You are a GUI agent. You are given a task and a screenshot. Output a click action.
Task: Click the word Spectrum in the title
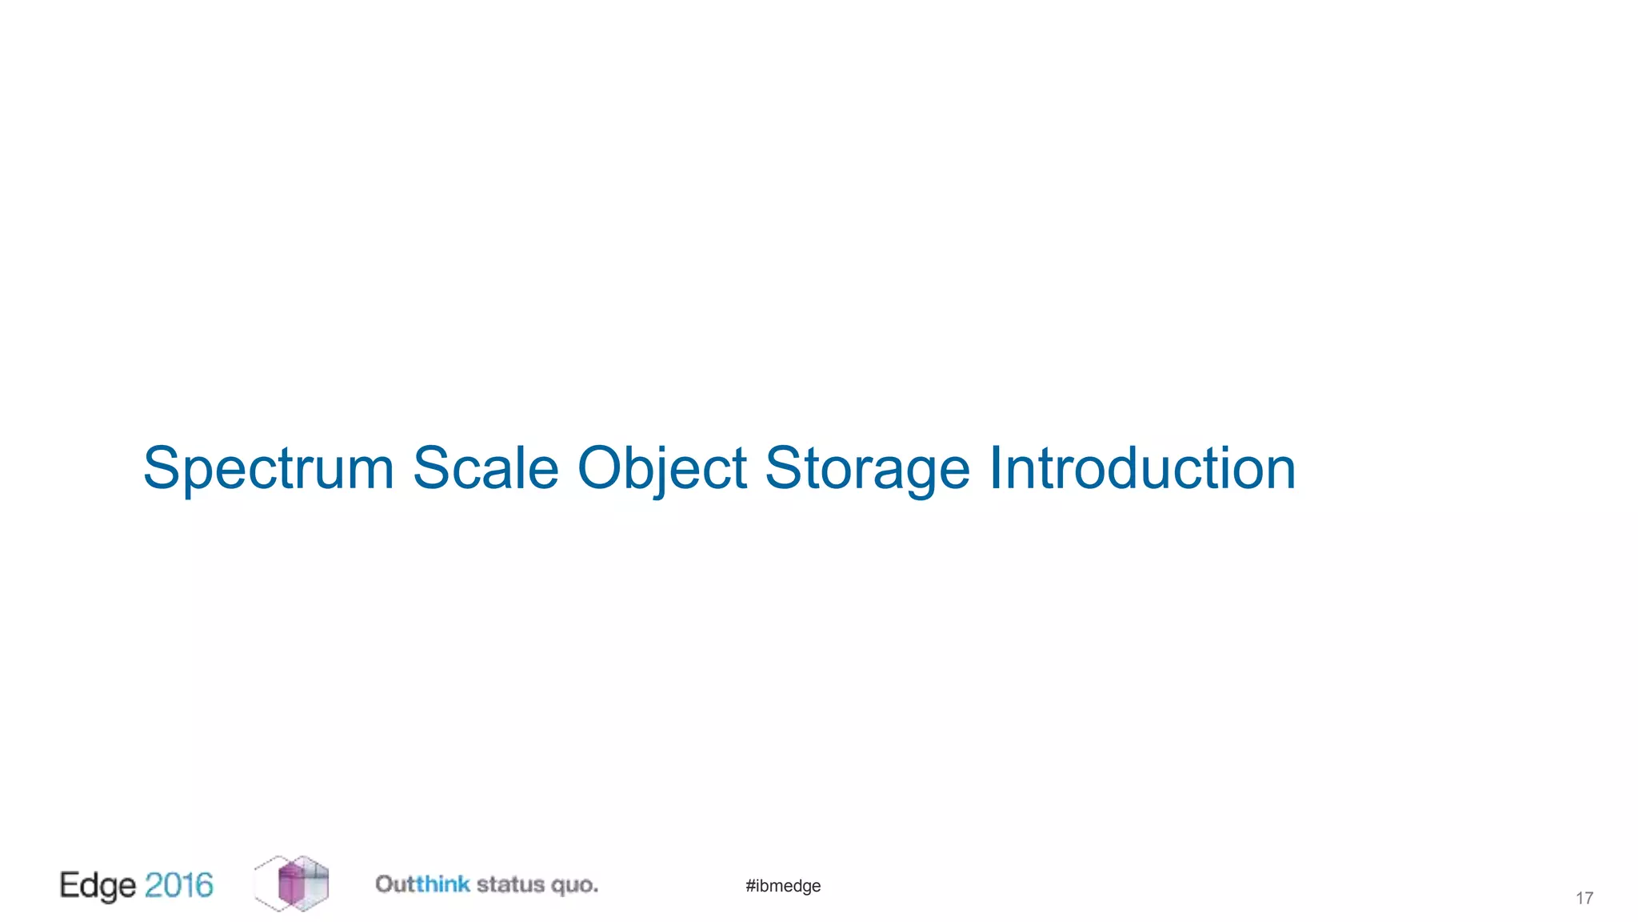269,468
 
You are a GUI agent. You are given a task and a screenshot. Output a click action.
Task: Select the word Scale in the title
485,468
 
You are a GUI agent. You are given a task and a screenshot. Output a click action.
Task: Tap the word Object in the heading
662,468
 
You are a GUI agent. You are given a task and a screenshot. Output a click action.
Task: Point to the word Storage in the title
868,468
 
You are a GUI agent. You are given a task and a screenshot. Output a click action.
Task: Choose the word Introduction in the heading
1142,468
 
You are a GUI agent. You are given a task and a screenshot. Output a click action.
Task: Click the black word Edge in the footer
98,886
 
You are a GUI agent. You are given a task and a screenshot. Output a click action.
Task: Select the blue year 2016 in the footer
179,885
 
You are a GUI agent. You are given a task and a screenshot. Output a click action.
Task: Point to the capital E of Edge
70,884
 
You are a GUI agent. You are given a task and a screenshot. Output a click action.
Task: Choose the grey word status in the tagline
510,885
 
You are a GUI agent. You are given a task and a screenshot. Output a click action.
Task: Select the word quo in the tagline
571,886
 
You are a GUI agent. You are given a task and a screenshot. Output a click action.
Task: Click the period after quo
595,890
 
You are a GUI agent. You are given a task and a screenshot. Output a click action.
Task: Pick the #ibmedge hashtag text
783,886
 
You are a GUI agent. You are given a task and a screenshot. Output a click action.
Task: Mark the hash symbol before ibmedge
750,886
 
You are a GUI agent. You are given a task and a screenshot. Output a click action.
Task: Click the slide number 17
1584,898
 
